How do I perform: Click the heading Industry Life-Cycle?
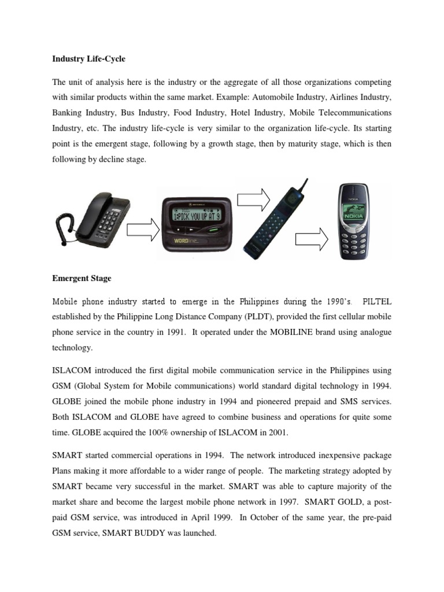click(x=88, y=59)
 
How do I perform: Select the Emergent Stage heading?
click(x=82, y=278)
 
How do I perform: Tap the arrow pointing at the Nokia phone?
click(x=312, y=239)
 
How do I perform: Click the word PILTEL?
click(x=376, y=301)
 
